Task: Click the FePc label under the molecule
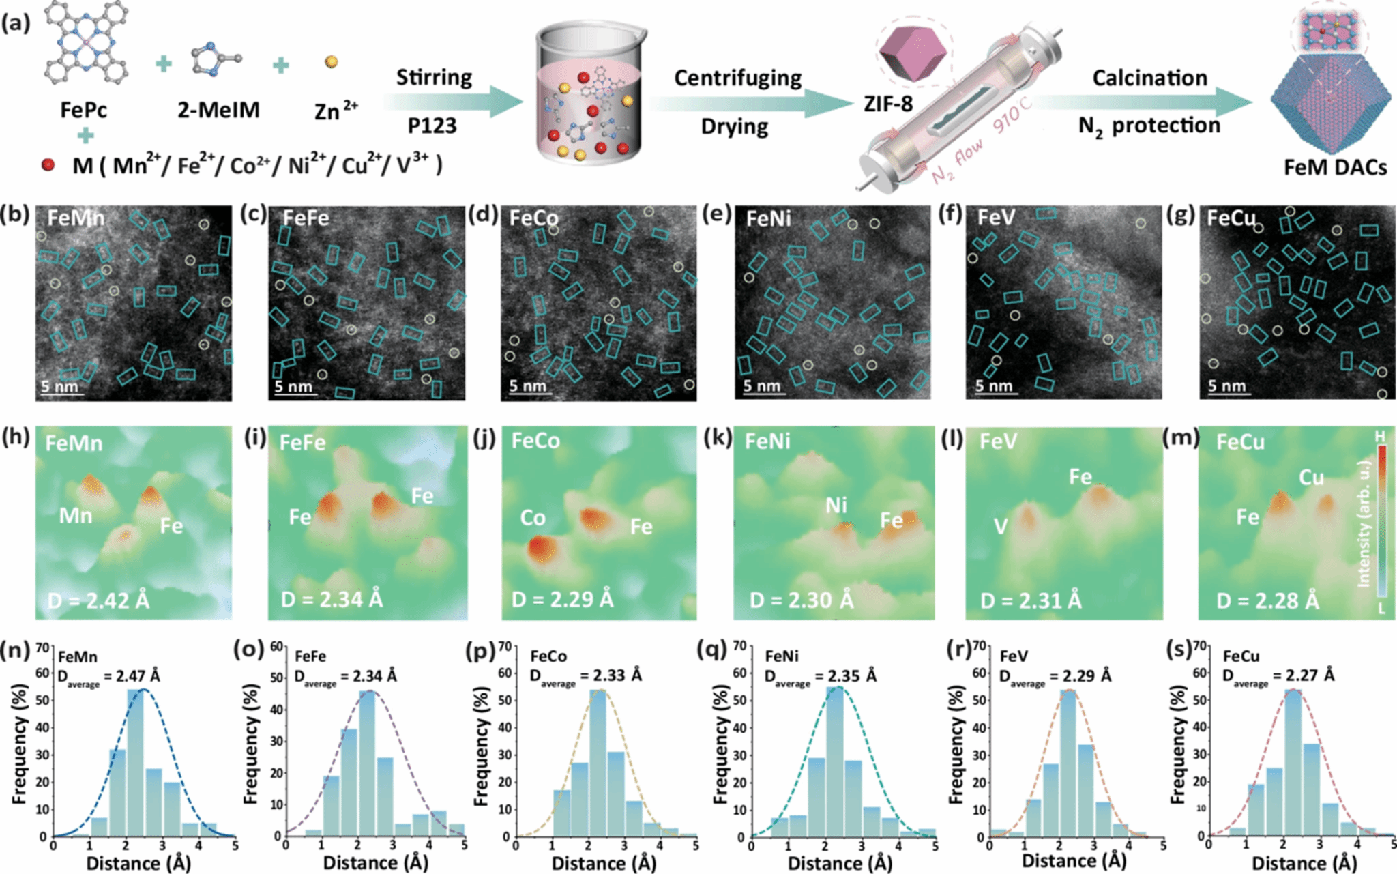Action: coord(83,110)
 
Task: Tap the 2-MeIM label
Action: coord(218,110)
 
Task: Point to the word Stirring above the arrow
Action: coord(434,77)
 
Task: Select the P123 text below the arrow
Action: coord(432,126)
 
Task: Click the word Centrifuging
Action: coord(738,78)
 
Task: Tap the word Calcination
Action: coord(1149,78)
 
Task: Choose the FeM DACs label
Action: coord(1335,167)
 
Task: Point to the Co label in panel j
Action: coord(533,519)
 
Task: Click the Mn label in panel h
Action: coord(75,516)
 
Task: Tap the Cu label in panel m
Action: coord(1311,478)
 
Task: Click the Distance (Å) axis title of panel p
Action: coord(604,863)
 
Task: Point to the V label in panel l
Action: coord(1000,526)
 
